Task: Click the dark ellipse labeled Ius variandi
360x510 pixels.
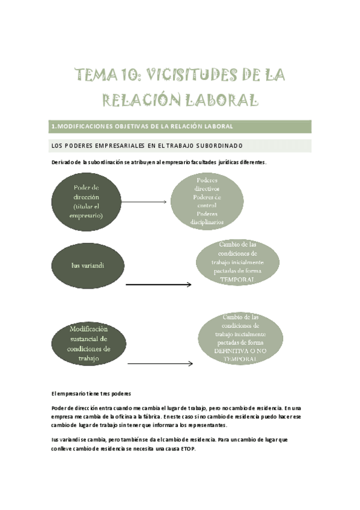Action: tap(88, 265)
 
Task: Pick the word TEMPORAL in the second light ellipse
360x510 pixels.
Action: tap(237, 280)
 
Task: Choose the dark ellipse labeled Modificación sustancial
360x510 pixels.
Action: tap(89, 344)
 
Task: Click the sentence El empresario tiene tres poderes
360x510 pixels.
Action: tap(87, 393)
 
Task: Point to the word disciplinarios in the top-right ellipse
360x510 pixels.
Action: tap(207, 222)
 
